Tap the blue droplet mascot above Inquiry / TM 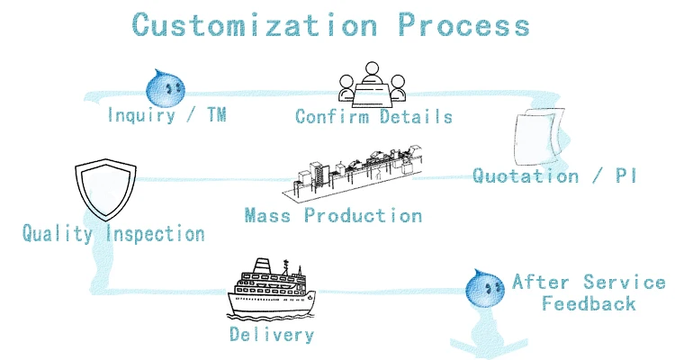pos(164,87)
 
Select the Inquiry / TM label pos(166,115)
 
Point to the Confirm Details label pos(373,117)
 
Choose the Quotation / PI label pos(555,175)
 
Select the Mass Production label pos(333,216)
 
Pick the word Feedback pos(589,304)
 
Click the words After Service pos(589,283)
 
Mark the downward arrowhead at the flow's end pos(487,345)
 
